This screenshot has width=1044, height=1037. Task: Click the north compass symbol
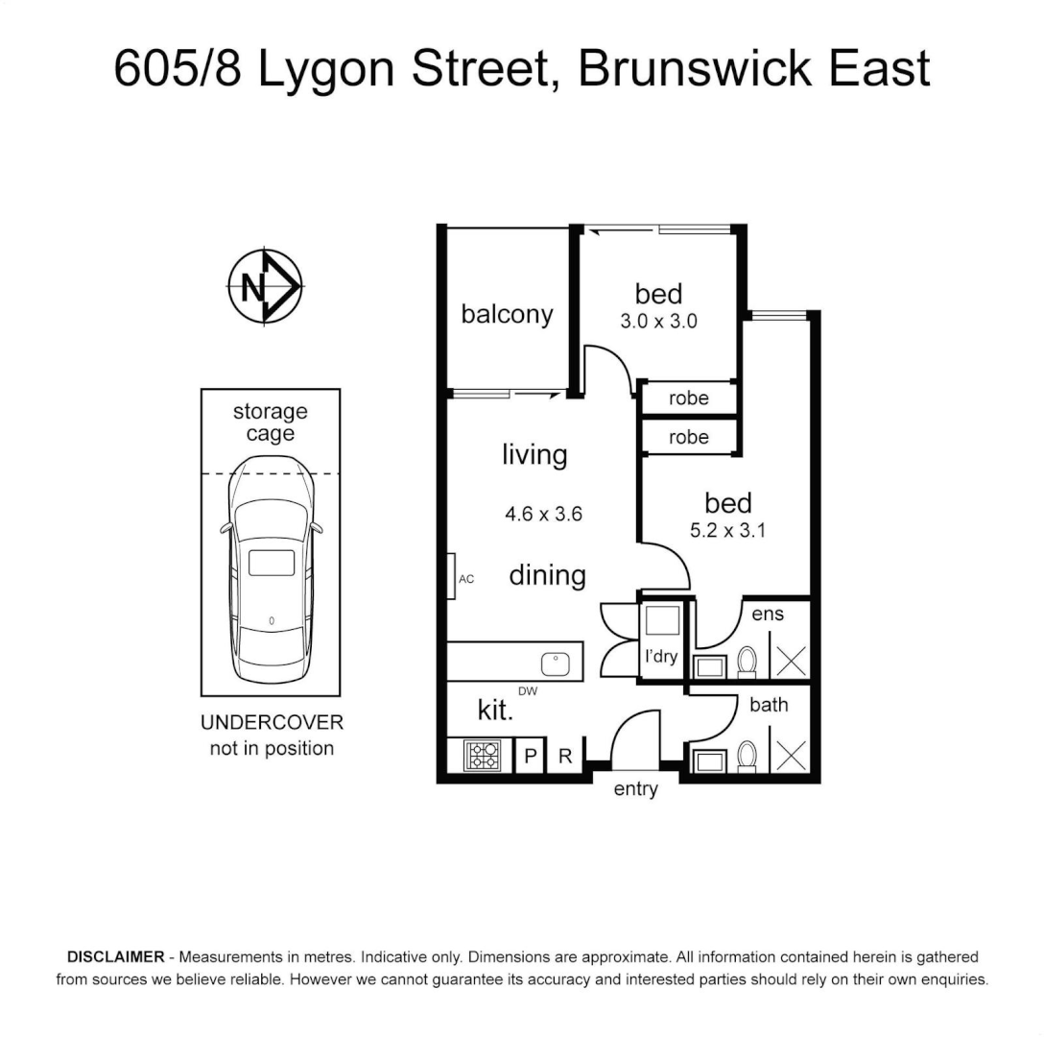(x=266, y=286)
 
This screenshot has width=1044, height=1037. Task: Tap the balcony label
(x=507, y=314)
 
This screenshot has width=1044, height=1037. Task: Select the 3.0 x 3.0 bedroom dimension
(x=658, y=322)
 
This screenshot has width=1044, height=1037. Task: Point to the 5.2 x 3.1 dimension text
(x=727, y=529)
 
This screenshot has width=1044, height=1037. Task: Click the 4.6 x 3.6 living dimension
(x=544, y=514)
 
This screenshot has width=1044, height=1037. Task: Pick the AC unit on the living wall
(x=455, y=578)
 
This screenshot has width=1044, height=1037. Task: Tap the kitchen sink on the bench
(x=557, y=663)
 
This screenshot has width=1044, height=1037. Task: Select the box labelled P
(x=530, y=757)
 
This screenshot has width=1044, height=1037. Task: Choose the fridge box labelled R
(x=565, y=757)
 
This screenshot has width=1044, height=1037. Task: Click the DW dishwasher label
(x=527, y=691)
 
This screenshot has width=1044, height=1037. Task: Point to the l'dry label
(x=660, y=658)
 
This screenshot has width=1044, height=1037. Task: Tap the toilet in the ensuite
(x=747, y=661)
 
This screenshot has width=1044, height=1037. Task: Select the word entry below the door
(x=635, y=789)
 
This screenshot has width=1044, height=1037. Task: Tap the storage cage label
(x=271, y=422)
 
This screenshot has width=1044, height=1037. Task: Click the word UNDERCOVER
(x=272, y=723)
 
